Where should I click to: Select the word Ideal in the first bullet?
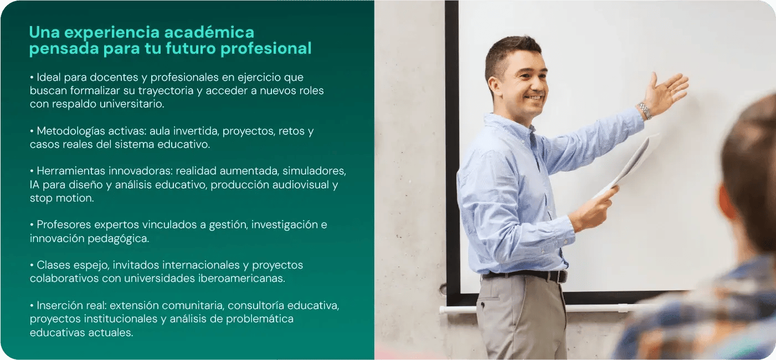pos(49,77)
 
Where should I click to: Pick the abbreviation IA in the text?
pos(35,184)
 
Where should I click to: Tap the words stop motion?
pos(61,198)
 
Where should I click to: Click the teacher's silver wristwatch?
pos(644,110)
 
